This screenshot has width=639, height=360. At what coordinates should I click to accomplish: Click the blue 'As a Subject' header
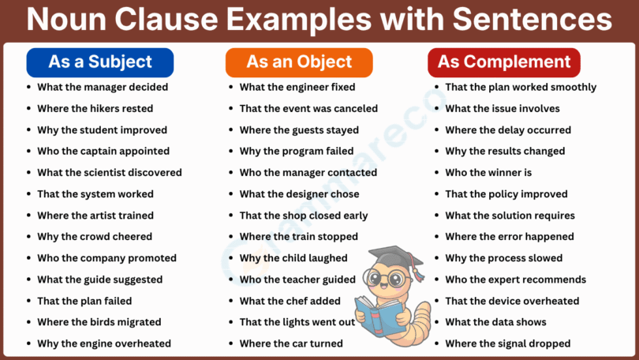tap(99, 62)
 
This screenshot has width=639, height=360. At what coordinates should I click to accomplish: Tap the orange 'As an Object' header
tap(299, 62)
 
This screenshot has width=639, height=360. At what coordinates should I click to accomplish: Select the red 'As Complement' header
tap(504, 62)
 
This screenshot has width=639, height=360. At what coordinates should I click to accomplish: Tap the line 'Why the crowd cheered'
tap(95, 237)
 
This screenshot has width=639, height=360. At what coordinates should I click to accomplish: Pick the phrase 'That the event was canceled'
tap(308, 109)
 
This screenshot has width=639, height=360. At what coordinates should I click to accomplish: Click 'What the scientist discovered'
tap(110, 173)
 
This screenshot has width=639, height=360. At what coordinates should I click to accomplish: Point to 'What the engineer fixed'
tap(297, 88)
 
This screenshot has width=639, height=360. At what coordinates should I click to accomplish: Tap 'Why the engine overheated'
tap(104, 343)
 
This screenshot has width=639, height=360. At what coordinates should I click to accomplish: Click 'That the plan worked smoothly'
tap(521, 88)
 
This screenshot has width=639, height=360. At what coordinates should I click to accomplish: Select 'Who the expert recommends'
tap(515, 279)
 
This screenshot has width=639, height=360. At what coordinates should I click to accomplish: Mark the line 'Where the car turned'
tap(291, 343)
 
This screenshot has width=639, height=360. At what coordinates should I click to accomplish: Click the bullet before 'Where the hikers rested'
tap(29, 109)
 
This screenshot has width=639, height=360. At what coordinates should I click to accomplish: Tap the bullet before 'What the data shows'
tap(437, 322)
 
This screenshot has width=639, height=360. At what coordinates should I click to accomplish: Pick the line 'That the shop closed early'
tap(304, 216)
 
